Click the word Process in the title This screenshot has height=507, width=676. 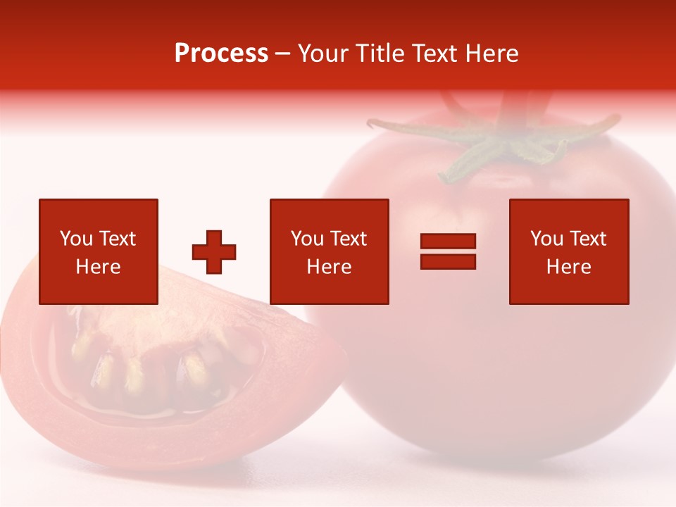click(221, 54)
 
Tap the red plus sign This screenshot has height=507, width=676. click(214, 252)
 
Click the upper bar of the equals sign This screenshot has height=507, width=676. click(448, 242)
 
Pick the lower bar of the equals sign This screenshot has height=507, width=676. click(448, 262)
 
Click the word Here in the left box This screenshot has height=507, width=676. click(98, 267)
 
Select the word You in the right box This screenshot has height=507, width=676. click(546, 239)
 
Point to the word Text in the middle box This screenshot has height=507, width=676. click(348, 239)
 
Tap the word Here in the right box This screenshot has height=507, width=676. click(568, 267)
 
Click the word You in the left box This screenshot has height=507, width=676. click(75, 239)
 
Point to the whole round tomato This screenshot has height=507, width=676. click(507, 352)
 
